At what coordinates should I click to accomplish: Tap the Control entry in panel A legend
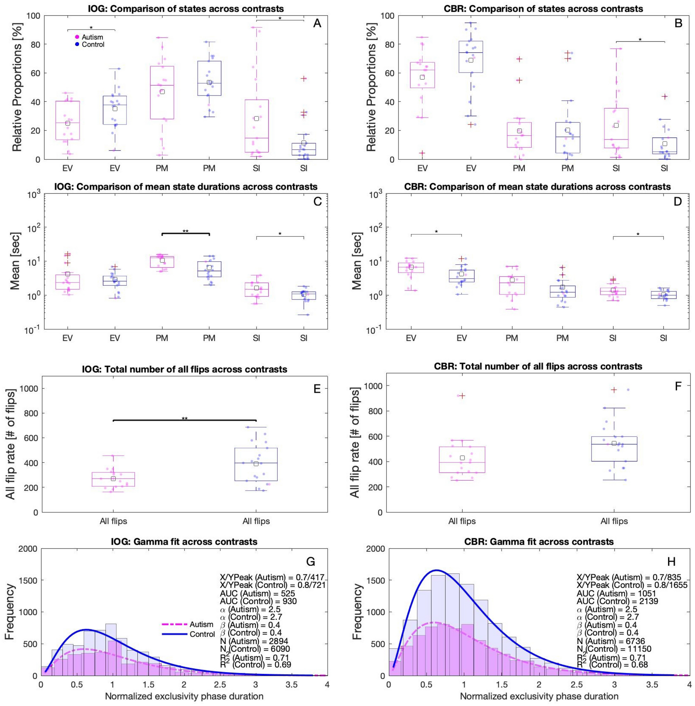[x=93, y=45]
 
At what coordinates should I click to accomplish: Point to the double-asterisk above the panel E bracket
[x=185, y=418]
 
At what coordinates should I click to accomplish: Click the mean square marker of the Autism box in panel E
[x=113, y=479]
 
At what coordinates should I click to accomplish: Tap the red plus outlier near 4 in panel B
[x=422, y=153]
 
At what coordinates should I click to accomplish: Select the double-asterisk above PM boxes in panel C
[x=185, y=231]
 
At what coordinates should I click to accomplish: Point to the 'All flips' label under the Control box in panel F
[x=614, y=521]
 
